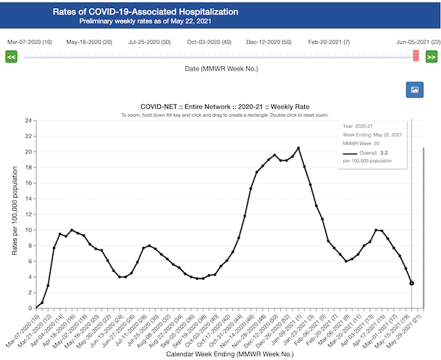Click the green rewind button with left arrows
tap(11, 57)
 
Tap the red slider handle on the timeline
tap(416, 56)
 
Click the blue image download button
tap(415, 90)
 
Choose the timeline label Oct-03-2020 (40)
tap(209, 42)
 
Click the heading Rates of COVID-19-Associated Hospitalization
tap(146, 12)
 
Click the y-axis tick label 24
tap(27, 120)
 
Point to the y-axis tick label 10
tap(27, 229)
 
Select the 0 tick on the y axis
tap(29, 307)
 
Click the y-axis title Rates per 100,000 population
tap(14, 214)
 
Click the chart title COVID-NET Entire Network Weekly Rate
tap(224, 106)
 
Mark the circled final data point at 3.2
tap(412, 283)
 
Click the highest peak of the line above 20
tap(298, 148)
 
